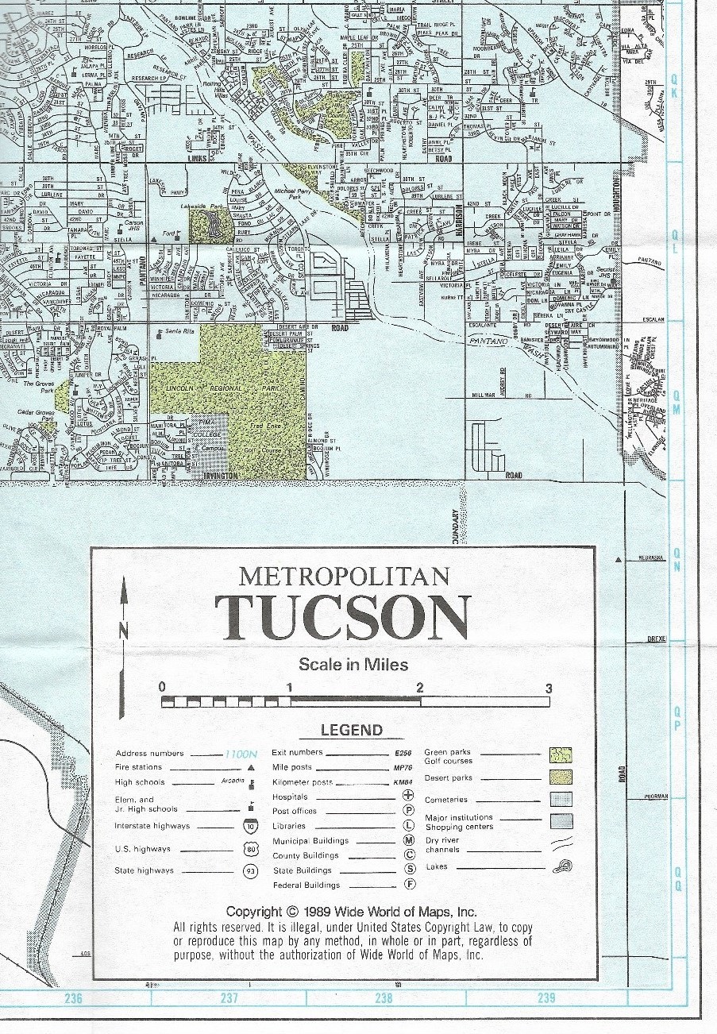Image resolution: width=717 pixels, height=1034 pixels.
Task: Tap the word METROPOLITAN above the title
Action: tap(344, 574)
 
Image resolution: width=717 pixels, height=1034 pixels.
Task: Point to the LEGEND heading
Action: tap(351, 731)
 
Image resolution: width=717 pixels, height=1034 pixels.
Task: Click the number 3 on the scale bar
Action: tap(548, 689)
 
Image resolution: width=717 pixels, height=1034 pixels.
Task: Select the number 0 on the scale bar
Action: tap(162, 688)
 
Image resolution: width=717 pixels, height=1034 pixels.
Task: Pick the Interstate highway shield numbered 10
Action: tap(250, 827)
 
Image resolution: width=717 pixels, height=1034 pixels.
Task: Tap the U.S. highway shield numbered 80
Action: tap(250, 849)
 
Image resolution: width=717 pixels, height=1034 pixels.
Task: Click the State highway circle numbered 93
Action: tap(250, 870)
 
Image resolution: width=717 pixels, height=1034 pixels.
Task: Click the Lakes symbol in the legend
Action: tap(561, 866)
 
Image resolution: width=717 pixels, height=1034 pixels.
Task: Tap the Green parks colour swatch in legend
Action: tap(557, 754)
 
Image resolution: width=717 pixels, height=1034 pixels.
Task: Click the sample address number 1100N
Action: tap(241, 754)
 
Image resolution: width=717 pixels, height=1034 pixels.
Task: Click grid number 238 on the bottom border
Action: tap(384, 998)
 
